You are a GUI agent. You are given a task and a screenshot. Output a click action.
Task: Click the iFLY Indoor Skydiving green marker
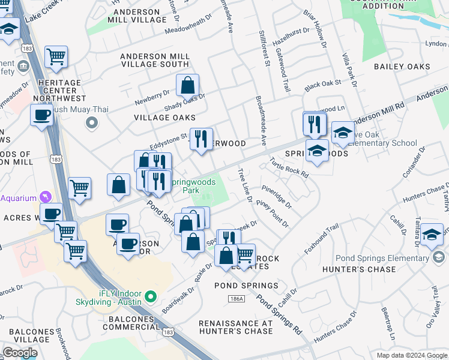pos(151,296)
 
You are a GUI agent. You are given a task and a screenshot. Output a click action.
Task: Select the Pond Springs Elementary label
pos(384,258)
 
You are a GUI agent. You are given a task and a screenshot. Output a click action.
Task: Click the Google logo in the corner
pos(19,353)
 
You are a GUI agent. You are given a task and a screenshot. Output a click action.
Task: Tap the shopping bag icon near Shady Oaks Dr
pos(188,86)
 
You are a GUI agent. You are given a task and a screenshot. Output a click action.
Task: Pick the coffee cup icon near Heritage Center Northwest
pos(42,116)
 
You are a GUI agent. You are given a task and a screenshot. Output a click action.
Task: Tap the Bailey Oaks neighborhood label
pos(402,67)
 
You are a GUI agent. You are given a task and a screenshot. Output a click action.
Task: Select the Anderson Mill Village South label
pos(155,60)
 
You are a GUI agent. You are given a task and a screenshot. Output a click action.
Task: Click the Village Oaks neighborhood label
pos(164,118)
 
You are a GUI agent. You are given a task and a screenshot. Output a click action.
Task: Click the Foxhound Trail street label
pos(322,239)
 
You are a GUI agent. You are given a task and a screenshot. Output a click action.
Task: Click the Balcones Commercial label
pos(130,322)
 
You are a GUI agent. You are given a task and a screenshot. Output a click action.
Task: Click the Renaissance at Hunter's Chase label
pos(235,327)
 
